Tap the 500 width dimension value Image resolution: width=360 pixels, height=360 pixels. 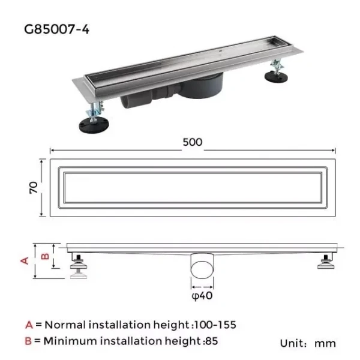click(192, 142)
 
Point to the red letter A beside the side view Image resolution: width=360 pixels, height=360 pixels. click(26, 260)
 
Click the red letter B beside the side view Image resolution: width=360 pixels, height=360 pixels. click(44, 256)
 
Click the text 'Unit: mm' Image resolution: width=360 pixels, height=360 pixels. click(308, 343)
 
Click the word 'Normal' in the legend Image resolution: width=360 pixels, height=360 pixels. click(65, 325)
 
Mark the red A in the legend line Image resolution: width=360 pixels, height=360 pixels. click(29, 325)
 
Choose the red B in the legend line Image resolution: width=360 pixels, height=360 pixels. click(29, 341)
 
